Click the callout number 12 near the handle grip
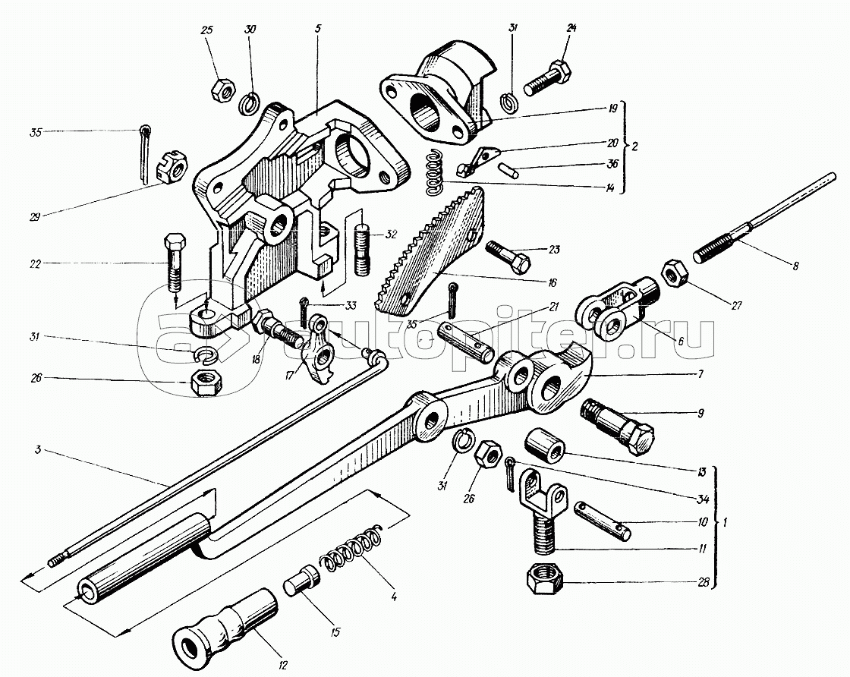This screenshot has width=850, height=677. [x=282, y=666]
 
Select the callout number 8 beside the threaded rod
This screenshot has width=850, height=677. [x=795, y=266]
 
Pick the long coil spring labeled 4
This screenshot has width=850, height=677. [x=353, y=548]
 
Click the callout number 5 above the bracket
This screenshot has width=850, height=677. [x=318, y=29]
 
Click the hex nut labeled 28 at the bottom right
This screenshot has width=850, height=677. [x=545, y=581]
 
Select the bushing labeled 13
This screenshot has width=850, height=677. [x=545, y=443]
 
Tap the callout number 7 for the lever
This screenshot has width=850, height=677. [x=700, y=374]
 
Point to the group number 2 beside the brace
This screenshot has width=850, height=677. [x=635, y=146]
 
